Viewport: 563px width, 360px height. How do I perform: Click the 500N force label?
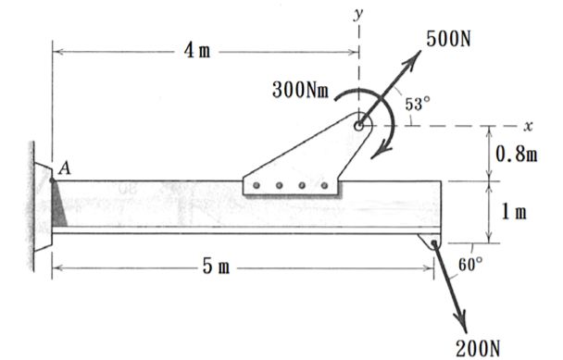[448, 39]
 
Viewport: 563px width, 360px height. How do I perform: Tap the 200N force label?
[478, 347]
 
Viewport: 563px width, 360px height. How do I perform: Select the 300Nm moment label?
[301, 90]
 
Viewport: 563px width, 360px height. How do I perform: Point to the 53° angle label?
[418, 104]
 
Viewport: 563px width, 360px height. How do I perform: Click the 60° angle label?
[470, 265]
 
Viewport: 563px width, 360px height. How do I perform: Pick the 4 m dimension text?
[197, 51]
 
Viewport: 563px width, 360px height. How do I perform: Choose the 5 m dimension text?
[216, 267]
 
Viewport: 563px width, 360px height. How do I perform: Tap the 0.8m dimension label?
[517, 154]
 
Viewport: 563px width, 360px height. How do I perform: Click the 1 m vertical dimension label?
[514, 212]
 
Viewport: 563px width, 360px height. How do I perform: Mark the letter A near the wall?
[65, 168]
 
